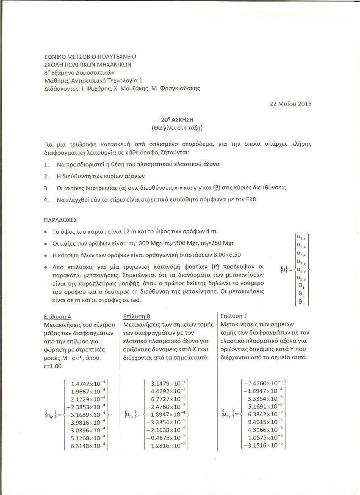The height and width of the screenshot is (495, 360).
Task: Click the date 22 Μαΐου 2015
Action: (x=290, y=103)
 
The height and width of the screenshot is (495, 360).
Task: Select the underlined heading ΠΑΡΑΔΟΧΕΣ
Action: (x=61, y=221)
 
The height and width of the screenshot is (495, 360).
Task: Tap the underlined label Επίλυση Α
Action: (x=58, y=316)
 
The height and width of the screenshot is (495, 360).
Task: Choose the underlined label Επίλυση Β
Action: (x=136, y=316)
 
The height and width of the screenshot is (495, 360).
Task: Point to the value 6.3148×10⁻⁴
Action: (x=89, y=445)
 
